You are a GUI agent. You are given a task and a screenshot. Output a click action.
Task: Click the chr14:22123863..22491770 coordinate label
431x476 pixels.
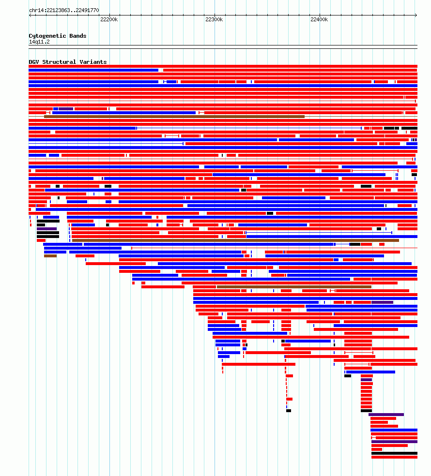64,10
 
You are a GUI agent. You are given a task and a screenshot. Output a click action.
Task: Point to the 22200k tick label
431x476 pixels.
109,19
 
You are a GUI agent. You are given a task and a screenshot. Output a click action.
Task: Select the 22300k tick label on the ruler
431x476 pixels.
214,19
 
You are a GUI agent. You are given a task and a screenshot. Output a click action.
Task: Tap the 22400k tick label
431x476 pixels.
320,19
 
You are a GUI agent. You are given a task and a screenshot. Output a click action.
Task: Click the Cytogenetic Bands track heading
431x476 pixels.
58,36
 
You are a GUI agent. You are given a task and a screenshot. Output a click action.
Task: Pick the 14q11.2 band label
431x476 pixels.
39,42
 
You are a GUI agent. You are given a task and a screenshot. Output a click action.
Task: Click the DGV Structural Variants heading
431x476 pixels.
68,62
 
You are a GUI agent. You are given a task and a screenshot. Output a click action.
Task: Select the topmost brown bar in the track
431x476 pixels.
174,117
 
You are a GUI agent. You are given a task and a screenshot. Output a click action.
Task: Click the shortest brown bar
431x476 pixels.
50,256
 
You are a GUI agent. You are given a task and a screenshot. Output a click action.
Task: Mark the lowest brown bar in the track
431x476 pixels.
294,287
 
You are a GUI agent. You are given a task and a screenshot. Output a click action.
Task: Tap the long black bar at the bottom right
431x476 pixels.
394,453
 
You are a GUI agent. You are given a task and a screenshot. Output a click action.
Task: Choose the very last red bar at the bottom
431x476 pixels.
394,457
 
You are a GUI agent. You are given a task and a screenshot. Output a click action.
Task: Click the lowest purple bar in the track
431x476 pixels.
394,442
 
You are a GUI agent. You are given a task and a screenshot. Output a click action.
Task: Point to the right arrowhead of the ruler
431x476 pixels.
416,15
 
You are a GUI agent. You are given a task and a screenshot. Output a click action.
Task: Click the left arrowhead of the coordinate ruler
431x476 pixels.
30,15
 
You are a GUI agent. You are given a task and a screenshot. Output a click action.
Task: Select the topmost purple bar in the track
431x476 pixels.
66,109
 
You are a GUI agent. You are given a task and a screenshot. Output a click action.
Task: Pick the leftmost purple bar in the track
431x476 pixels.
47,229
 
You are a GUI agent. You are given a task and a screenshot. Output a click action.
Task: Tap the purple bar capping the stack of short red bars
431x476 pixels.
366,380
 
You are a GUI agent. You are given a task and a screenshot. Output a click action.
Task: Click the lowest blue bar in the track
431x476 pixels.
394,430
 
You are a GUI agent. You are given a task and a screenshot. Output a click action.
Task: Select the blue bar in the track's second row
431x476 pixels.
93,70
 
